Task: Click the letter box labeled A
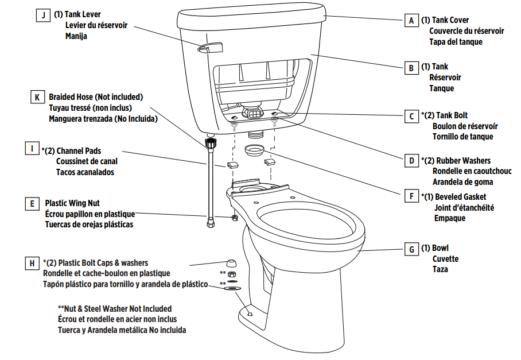point(411,21)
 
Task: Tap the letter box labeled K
point(37,97)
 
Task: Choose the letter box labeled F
point(411,196)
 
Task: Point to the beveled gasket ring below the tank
point(255,151)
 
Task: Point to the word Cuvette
point(445,259)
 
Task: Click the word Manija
point(76,36)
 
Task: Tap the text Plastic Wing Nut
point(72,203)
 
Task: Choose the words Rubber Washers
point(463,161)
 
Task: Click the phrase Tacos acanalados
point(85,172)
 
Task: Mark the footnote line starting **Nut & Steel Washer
point(115,309)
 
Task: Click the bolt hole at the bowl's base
point(249,313)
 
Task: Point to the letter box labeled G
point(411,249)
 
